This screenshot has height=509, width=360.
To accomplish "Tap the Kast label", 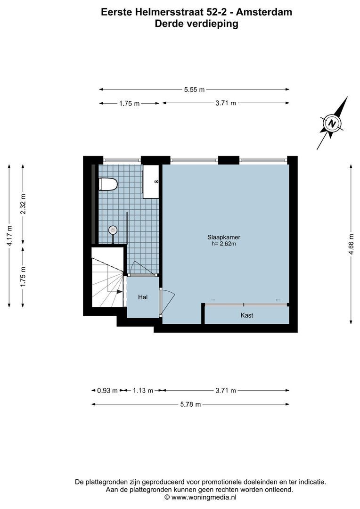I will coord(246,315).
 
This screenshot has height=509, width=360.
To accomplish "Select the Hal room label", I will coord(143,297).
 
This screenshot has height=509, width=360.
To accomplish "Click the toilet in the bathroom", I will coord(107,184).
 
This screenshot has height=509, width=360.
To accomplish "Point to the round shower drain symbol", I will coord(113,230).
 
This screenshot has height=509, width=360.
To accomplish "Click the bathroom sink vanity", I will coord(151,181).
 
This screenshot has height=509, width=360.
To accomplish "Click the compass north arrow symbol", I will coord(333,123).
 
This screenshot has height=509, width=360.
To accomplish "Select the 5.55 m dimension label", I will coord(194,90).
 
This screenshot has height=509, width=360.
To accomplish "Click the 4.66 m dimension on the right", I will coord(351,244).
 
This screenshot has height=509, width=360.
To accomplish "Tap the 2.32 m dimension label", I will coord(23,204).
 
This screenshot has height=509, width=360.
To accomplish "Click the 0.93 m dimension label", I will coord(107,390).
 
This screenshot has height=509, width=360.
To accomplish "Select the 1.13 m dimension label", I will coord(143,390).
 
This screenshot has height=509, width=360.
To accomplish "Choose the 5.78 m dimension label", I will coord(190,404).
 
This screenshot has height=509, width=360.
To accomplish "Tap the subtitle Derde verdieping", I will coord(196,24).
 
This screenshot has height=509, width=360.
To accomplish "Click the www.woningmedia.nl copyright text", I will coord(201,497).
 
